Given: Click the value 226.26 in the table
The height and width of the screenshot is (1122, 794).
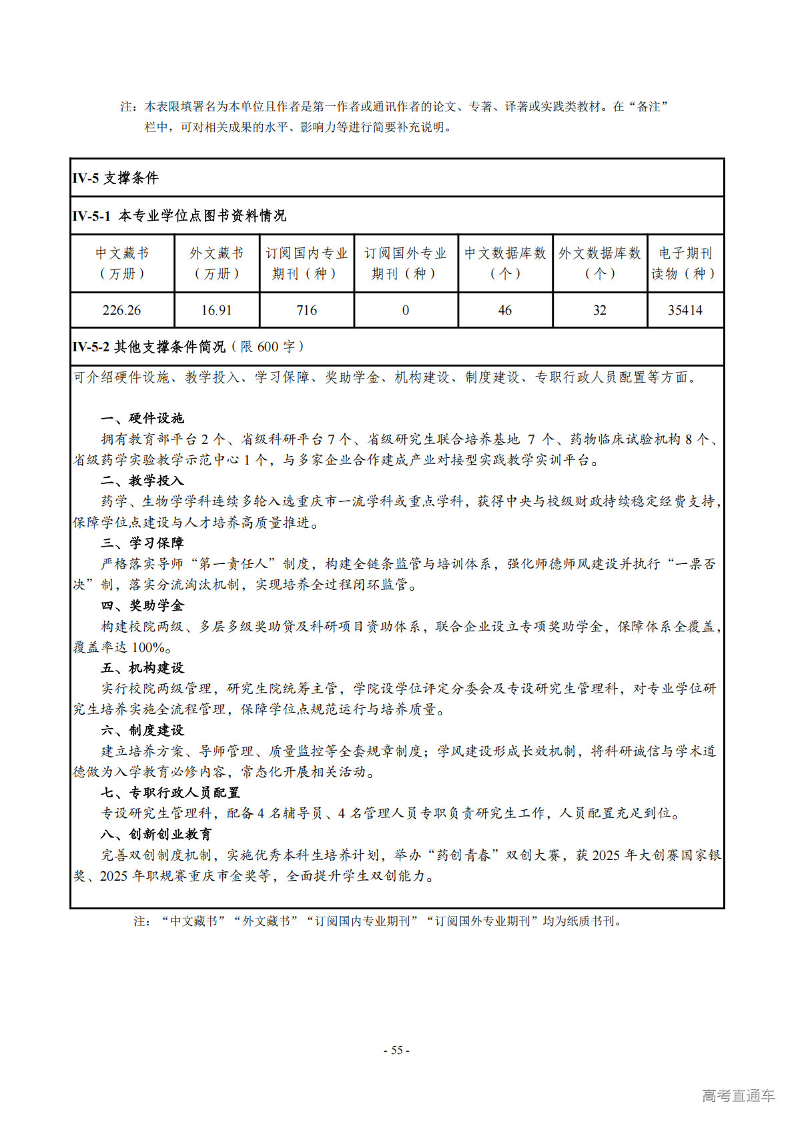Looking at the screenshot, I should point(121,310).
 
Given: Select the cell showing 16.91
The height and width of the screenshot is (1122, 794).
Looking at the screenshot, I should point(216,310).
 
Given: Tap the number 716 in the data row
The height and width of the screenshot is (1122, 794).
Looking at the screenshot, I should point(306,310).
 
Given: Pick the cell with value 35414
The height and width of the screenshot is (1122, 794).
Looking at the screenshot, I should point(685,310).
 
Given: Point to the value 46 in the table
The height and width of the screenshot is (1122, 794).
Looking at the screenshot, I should point(504,310).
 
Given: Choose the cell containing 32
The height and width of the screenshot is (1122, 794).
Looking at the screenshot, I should point(599,310).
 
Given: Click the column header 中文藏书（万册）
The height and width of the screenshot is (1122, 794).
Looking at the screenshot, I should point(121,263).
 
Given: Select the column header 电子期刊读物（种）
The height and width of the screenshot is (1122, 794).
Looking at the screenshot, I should point(685,263).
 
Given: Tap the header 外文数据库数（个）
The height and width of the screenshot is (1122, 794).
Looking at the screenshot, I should point(599,263).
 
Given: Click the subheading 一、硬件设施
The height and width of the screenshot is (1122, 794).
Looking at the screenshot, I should point(142,418).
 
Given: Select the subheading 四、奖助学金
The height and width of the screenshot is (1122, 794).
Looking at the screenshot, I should point(142,605).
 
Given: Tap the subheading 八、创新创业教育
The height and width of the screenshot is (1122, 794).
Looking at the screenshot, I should point(156,834).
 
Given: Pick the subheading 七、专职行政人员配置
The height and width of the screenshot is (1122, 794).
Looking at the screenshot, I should point(170,793).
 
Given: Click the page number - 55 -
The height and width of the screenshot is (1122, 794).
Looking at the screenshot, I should point(396,1050).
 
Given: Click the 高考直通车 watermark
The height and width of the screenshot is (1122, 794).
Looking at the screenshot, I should point(738,1095).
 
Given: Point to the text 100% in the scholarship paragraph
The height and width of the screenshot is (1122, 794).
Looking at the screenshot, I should point(148,647).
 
